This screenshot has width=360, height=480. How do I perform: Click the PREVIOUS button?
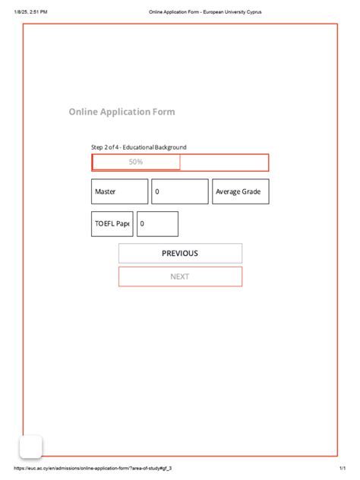pos(180,254)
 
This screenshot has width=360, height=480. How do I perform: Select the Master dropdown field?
pos(119,191)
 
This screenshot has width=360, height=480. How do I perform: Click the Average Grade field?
pos(240,191)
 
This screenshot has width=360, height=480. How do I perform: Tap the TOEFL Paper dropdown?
pos(112,224)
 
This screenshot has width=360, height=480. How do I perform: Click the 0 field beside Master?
pos(179,191)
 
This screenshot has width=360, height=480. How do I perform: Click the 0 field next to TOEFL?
pos(157,224)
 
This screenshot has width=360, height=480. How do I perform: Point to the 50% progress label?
pos(136,162)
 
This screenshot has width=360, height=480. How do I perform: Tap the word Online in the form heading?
pos(83,112)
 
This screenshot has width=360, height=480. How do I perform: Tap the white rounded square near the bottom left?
pos(30,447)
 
